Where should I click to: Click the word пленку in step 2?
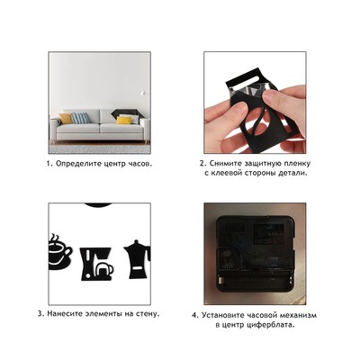coord(296,164)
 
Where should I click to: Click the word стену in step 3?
coord(147,314)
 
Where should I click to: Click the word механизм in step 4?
coord(297,315)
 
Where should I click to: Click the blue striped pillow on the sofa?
coord(80,118)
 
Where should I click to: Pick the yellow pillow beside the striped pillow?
coord(66,119)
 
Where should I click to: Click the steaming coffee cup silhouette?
coord(60,251)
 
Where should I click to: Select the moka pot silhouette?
coord(137,259)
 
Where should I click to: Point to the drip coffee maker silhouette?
coord(96,264)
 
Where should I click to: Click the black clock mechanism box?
coord(255,254)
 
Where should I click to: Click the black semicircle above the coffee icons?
coord(98,205)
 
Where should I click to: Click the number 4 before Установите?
coord(194,316)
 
